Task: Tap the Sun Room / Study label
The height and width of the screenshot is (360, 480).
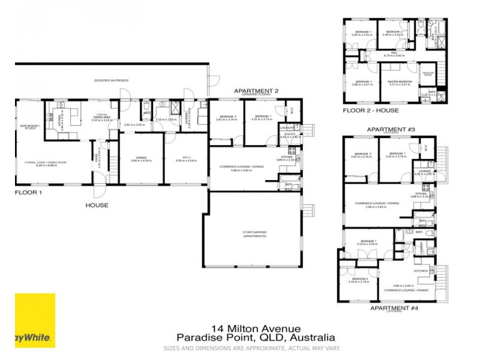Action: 28,127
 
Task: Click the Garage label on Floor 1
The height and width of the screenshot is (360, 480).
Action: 141,158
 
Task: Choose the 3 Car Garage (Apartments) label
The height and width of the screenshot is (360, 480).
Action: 251,235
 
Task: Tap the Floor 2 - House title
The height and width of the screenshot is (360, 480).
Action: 370,111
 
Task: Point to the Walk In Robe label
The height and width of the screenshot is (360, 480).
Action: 428,74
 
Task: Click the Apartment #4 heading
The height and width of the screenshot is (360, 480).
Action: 393,308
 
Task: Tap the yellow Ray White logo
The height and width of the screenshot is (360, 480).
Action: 35,320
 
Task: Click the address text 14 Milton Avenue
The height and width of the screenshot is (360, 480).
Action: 256,329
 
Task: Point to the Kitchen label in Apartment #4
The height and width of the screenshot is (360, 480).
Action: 421,271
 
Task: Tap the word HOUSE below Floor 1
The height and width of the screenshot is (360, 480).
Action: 97,205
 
